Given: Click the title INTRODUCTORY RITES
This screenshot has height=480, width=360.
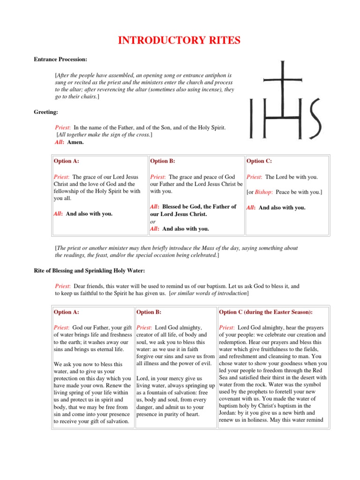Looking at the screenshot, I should tap(180, 41).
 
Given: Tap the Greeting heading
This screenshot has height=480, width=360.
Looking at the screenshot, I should tap(45, 112).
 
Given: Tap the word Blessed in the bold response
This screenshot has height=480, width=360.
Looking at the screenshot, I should tap(177, 207).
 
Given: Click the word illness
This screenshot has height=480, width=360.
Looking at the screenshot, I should tap(155, 363).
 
